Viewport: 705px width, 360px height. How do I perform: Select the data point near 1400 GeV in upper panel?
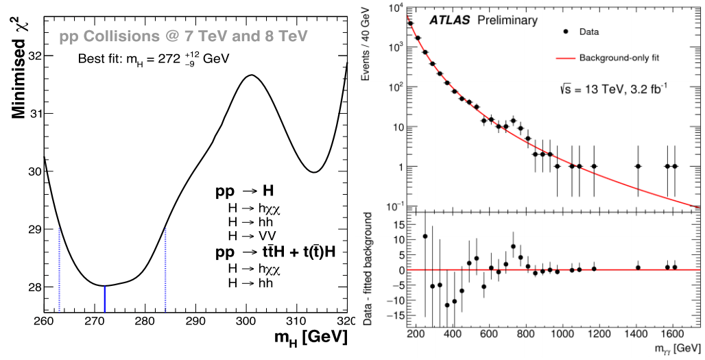pyautogui.click(x=638, y=166)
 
